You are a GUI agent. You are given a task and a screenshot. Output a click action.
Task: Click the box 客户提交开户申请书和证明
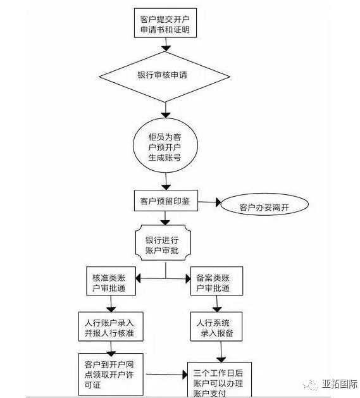pos(165,23)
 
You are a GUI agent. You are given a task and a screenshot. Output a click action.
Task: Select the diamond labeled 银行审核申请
pos(164,77)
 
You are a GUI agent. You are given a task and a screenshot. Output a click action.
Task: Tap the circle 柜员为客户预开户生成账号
pos(165,146)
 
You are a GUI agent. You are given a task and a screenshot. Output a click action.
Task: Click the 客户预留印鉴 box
pos(166,201)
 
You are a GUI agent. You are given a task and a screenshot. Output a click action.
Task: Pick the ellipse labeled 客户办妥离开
pos(265,204)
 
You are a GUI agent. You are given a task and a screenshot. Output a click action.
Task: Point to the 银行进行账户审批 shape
pos(163,242)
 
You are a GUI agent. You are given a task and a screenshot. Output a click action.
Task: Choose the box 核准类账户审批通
pos(111,281)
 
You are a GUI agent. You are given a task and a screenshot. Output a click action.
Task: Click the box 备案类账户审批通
pos(216,281)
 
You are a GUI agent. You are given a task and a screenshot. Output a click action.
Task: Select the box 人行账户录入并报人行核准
pos(111,326)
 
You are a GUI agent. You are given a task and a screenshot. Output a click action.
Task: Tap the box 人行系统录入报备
pos(216,326)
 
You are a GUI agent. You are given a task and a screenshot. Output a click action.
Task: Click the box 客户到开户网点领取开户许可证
pos(111,374)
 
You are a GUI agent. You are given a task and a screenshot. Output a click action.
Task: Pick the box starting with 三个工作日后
pos(220,380)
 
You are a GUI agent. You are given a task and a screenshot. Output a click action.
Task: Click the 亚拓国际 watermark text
pos(340,384)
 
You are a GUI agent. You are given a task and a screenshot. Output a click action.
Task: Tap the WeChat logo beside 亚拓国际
pos(310,384)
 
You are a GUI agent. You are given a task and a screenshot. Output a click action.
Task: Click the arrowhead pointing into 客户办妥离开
pos(218,202)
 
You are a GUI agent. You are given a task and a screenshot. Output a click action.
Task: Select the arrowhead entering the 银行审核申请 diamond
pos(166,48)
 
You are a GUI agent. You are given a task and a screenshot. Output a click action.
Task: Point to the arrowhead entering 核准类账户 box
pos(138,278)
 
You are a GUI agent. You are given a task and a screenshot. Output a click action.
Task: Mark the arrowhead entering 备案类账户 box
pos(188,278)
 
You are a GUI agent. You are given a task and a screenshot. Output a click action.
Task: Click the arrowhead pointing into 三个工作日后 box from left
pos(185,375)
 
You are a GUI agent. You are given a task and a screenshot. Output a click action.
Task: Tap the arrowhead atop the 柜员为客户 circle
pos(166,115)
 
